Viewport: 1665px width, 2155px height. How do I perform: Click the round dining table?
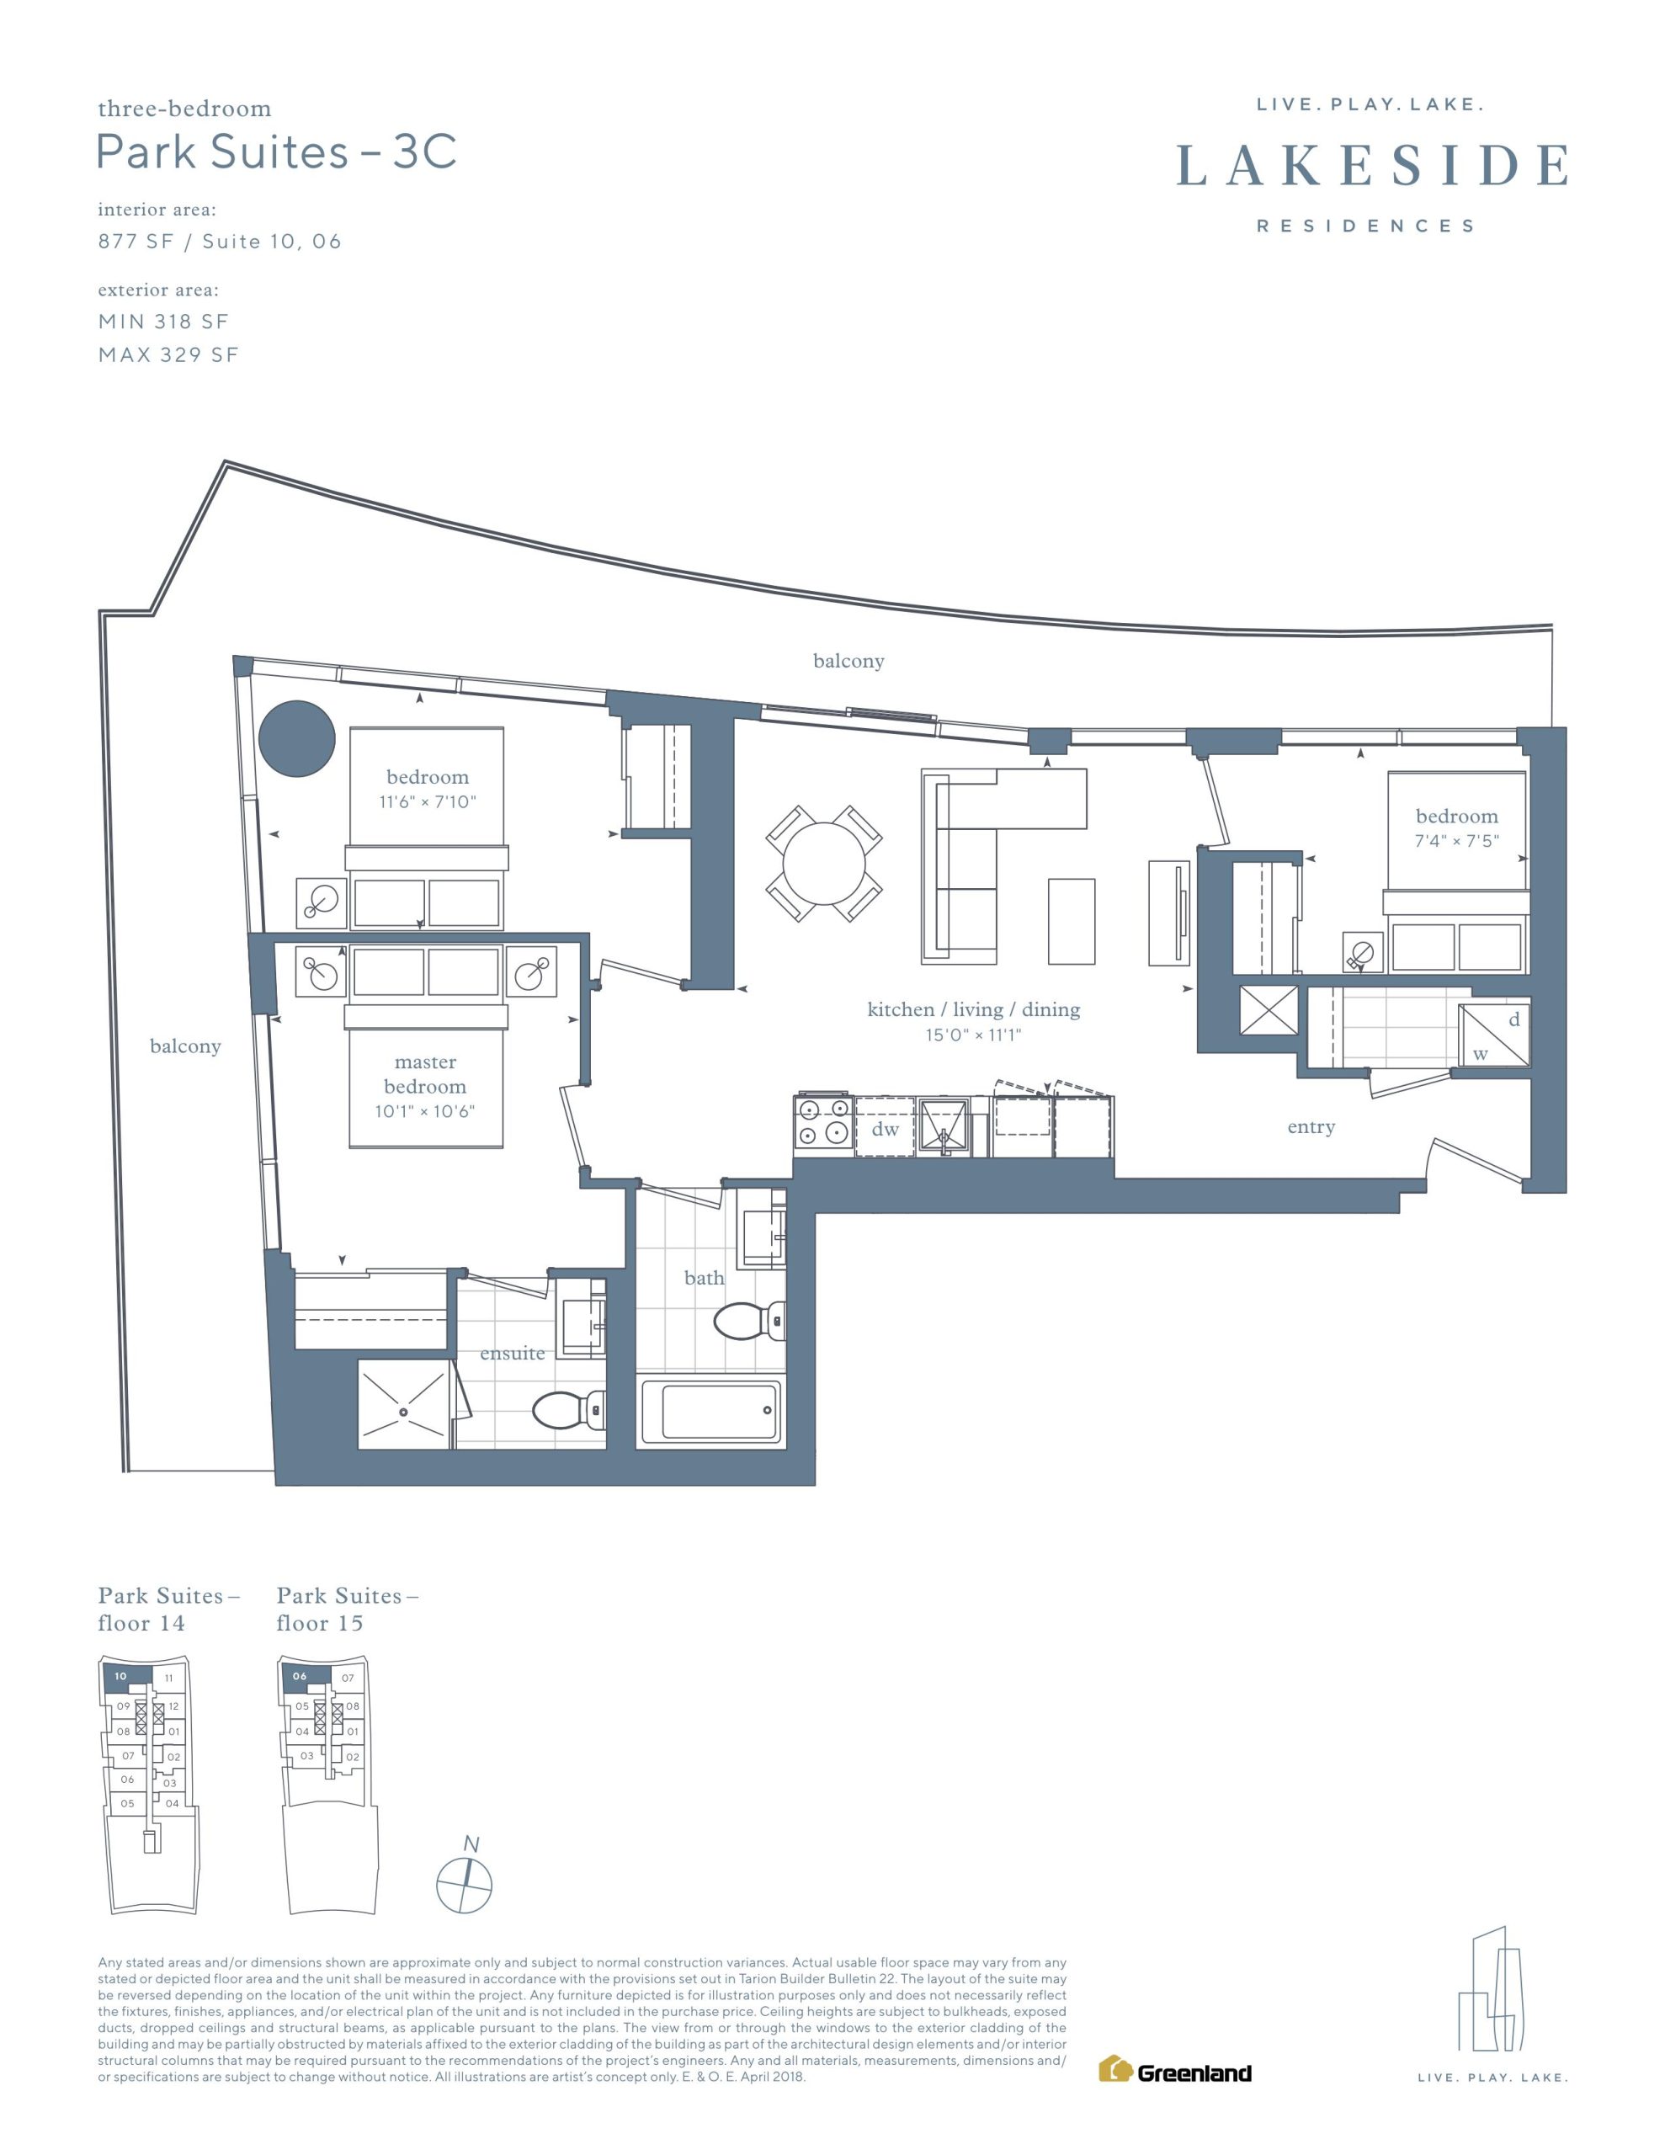tap(823, 865)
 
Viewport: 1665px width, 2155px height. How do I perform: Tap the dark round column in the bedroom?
tap(297, 739)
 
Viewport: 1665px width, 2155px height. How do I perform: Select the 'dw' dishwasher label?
tap(886, 1129)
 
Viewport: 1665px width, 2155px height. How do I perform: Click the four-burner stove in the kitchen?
tap(824, 1123)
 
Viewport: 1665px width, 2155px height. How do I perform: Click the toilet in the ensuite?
tap(568, 1410)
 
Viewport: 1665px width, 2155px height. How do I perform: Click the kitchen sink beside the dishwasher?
tap(944, 1125)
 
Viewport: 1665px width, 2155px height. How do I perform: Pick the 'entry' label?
tap(1311, 1127)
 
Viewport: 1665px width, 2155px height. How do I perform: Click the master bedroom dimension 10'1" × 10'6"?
tap(424, 1111)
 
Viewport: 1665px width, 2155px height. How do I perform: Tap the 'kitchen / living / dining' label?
tap(973, 1008)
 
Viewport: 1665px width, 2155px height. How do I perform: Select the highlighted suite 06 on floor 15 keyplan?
tap(305, 1675)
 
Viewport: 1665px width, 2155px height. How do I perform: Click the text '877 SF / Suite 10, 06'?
tap(219, 242)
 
